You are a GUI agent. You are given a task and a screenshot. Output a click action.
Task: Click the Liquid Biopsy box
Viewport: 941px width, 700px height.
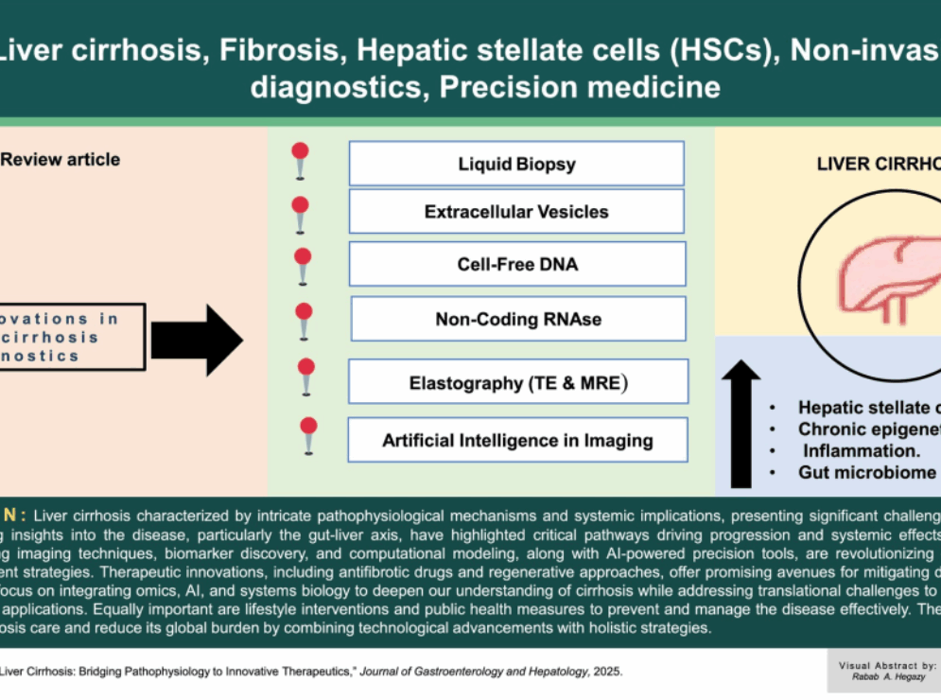coord(516,164)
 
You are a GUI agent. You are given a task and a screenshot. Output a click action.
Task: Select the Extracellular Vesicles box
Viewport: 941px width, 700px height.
coord(516,212)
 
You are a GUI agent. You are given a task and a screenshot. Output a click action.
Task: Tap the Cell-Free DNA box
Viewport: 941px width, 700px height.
coord(516,264)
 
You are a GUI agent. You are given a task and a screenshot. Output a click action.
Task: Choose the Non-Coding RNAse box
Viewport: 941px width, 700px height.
coord(517,319)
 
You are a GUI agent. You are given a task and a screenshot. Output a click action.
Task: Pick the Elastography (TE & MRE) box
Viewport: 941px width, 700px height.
coord(518,383)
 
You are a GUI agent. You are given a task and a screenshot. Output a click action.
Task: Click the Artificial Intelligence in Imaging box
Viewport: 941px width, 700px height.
coord(517,440)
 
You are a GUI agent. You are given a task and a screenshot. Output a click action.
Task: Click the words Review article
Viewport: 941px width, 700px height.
coord(61,160)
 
